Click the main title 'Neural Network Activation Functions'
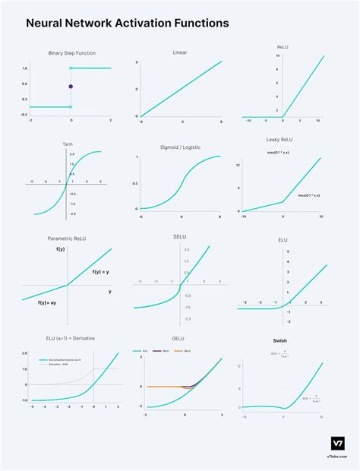coord(127,24)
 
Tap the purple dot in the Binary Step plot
coord(71,87)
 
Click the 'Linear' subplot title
coord(180,52)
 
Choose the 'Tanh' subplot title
coord(68,144)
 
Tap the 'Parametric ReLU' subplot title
coord(69,238)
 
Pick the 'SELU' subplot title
coord(180,237)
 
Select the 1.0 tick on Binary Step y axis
coord(24,68)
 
